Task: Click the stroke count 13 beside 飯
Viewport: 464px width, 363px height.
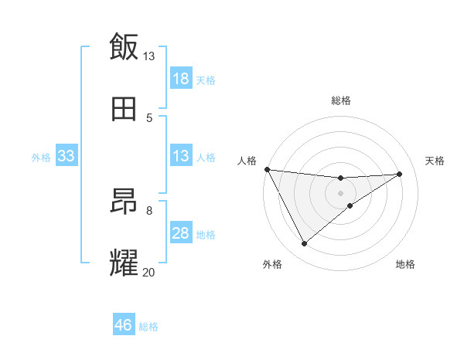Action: pyautogui.click(x=149, y=56)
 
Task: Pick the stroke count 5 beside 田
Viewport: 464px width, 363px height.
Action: pyautogui.click(x=149, y=117)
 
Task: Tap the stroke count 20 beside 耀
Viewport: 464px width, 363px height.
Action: pyautogui.click(x=149, y=272)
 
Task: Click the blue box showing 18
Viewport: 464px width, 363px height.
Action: pyautogui.click(x=181, y=79)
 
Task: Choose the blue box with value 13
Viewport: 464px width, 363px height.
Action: pyautogui.click(x=181, y=156)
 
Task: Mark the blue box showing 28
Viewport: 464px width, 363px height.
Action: pyautogui.click(x=181, y=233)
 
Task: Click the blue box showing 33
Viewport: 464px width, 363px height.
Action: pyautogui.click(x=66, y=156)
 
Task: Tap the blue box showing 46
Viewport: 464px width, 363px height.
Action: pyautogui.click(x=124, y=325)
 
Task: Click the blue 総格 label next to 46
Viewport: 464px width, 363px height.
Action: pyautogui.click(x=148, y=327)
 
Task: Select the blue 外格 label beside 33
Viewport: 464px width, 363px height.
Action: pyautogui.click(x=41, y=158)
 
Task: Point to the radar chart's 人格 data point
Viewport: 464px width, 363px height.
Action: pyautogui.click(x=267, y=169)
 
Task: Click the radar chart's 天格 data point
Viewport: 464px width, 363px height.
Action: pyautogui.click(x=400, y=174)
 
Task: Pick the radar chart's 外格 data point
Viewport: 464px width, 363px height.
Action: pyautogui.click(x=304, y=244)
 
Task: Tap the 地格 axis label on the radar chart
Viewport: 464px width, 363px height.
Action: pyautogui.click(x=405, y=264)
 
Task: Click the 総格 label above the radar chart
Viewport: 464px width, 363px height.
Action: pyautogui.click(x=341, y=100)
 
